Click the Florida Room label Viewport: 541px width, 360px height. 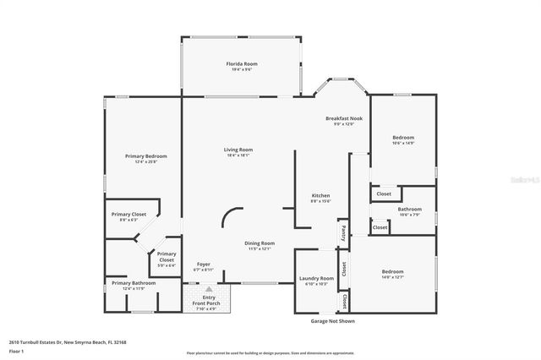coord(241,64)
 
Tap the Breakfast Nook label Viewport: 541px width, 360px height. coord(344,119)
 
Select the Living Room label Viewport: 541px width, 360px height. coord(238,150)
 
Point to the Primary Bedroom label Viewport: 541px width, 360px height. coord(145,156)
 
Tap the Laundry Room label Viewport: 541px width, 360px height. coord(315,278)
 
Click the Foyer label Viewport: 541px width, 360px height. coord(204,265)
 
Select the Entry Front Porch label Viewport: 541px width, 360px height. coord(204,300)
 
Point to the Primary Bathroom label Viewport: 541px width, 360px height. coord(128,283)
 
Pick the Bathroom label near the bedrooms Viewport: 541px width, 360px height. coord(410,209)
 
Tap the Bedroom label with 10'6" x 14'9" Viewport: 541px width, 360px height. coord(403,138)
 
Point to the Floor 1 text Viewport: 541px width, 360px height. coord(17,351)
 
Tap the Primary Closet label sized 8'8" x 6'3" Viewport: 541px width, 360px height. coord(128,215)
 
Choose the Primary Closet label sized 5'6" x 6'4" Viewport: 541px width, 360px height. coord(166,255)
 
